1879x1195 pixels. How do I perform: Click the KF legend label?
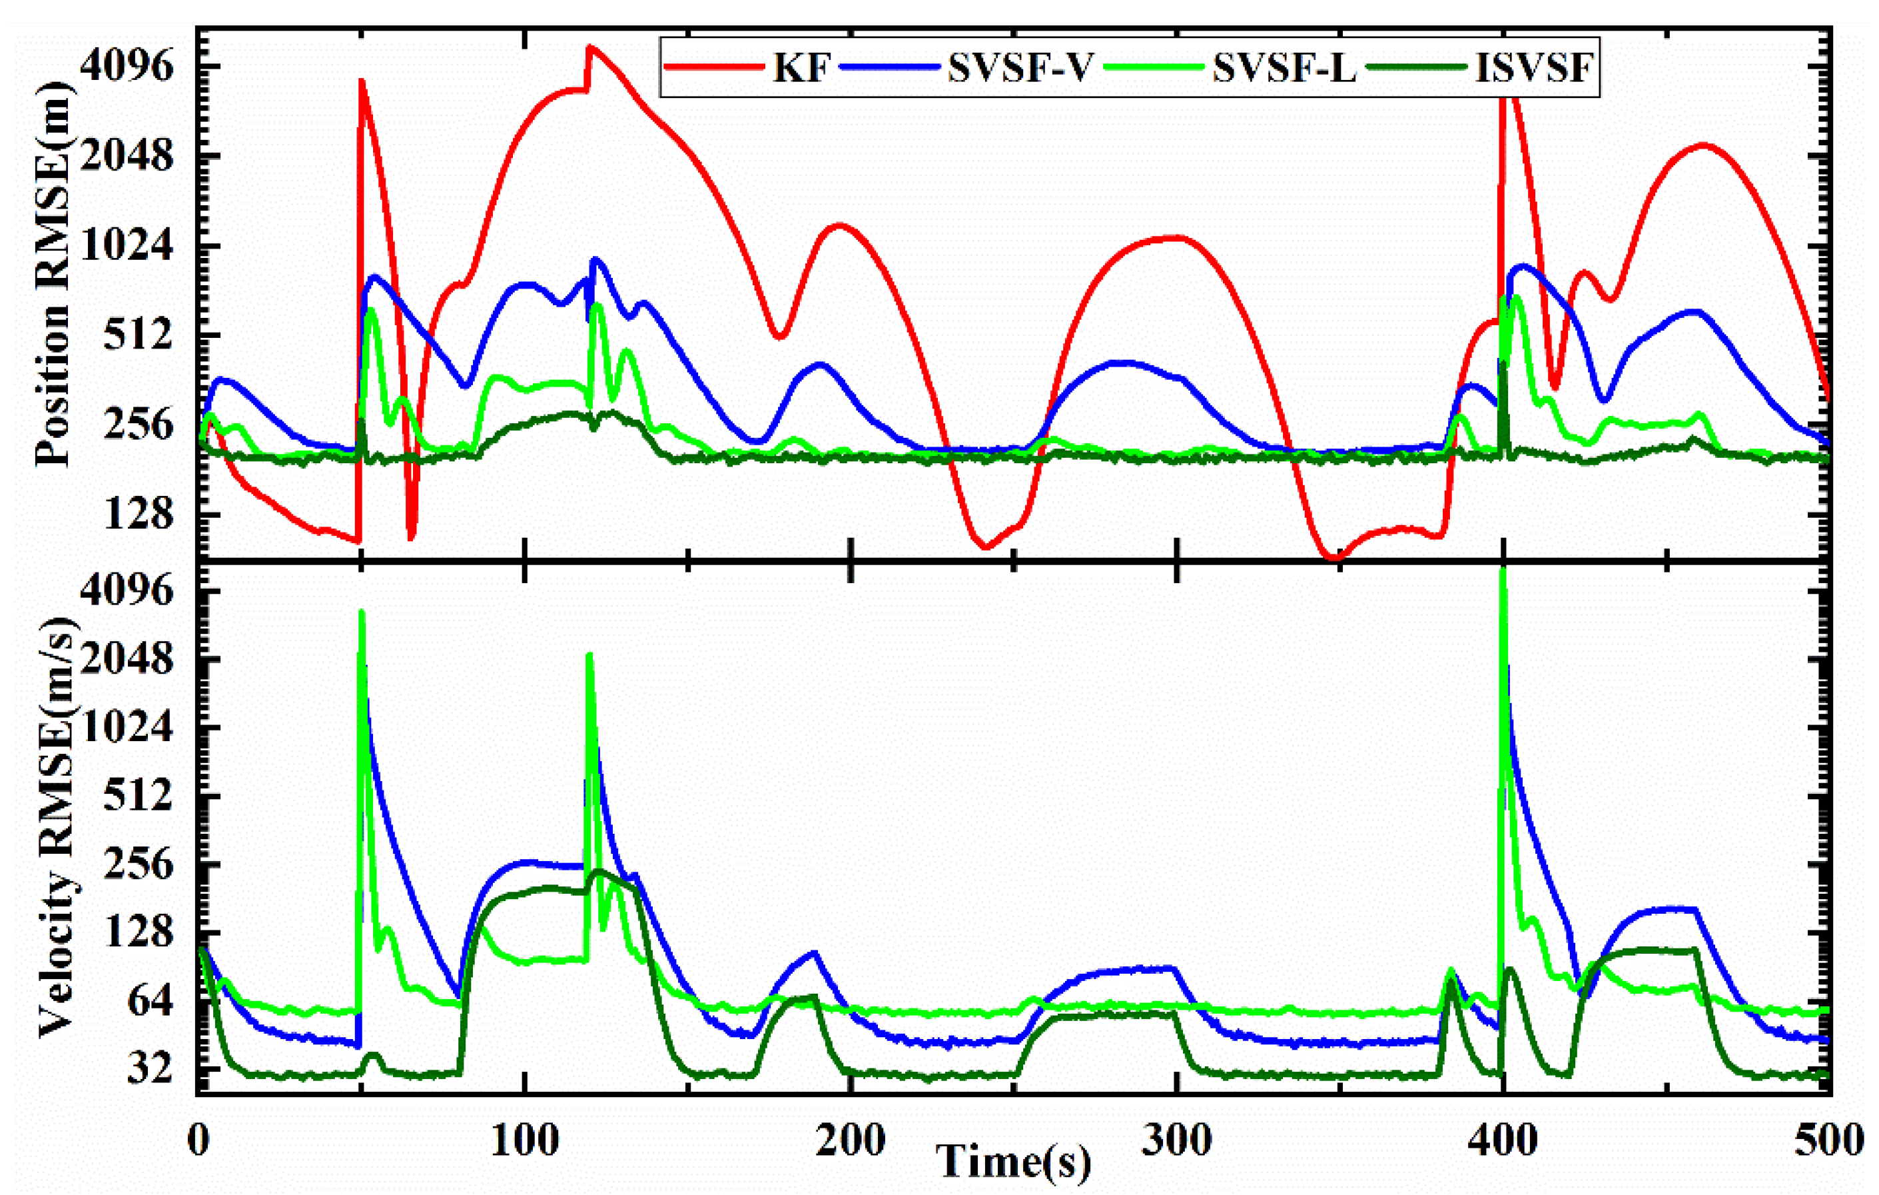[801, 69]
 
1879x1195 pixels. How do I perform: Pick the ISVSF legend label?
[1533, 69]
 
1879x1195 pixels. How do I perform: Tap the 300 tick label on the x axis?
[1176, 1140]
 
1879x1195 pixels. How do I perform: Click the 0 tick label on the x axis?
[198, 1140]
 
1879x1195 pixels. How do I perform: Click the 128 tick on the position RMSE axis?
[141, 515]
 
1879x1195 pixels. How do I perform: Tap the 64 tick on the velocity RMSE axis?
[151, 1002]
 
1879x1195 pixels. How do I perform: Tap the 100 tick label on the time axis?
[525, 1140]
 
